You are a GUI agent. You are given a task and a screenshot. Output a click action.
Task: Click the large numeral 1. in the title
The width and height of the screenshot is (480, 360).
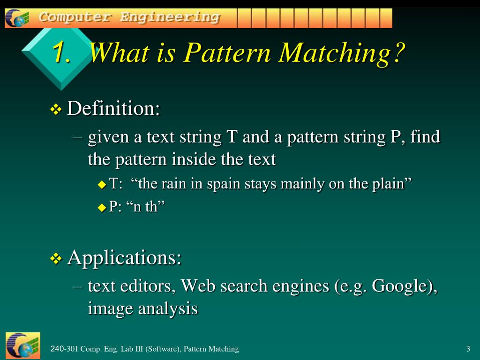coord(62,52)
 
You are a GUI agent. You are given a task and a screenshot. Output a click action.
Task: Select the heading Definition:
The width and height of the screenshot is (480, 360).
coord(113,109)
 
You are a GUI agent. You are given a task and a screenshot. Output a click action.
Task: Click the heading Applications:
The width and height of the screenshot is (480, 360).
coord(124,257)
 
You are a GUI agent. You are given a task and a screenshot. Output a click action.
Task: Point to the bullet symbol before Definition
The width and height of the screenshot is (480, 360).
coord(56,110)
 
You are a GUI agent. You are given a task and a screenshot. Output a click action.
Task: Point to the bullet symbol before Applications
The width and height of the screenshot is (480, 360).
coord(56,259)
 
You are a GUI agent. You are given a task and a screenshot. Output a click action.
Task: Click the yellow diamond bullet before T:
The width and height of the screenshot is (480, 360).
coord(102,185)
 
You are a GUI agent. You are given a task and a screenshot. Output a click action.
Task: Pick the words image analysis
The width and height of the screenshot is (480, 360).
coord(142,309)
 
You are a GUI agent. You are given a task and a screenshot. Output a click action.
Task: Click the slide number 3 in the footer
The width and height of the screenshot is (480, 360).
coord(468,349)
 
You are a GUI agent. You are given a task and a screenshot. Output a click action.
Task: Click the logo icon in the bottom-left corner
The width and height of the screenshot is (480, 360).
coord(22,346)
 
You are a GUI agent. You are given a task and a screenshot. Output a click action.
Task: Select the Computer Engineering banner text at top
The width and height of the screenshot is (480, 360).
coord(129,17)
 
